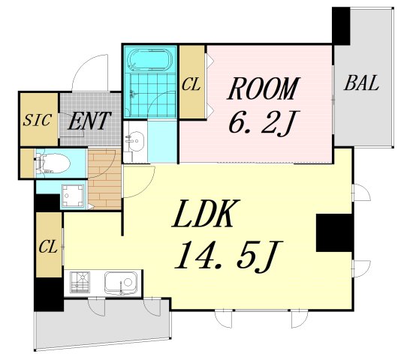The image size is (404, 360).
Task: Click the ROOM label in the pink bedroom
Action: pos(264,88)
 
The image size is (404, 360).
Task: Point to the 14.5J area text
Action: pos(229,255)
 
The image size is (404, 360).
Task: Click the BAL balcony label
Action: pos(361,82)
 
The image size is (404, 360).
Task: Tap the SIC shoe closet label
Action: pos(37,120)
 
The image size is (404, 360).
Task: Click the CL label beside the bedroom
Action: pos(191,85)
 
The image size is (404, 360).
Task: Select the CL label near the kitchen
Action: pos(48,247)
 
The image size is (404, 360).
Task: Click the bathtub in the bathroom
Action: pos(150,60)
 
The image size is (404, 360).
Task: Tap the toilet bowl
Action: pos(55,163)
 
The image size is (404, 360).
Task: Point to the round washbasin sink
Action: pos(135,141)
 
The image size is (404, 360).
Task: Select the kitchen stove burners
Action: pos(80,282)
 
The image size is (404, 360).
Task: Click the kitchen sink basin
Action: pos(120,283)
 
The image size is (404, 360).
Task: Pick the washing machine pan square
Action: pos(74,196)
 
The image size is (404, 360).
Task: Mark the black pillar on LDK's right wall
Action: pos(334,232)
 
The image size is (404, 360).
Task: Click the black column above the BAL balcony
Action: pos(341,25)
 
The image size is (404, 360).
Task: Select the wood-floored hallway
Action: pos(104,178)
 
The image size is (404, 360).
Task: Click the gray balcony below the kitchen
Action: pos(103,324)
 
